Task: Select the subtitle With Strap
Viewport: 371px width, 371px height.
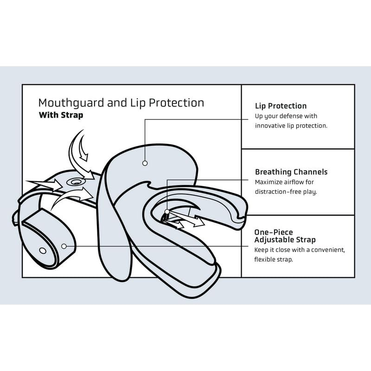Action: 61,115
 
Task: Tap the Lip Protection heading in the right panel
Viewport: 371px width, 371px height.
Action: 281,106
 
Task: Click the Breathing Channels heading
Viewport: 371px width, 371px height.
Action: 291,172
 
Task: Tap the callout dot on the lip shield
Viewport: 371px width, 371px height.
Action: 145,163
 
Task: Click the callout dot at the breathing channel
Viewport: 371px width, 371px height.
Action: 167,211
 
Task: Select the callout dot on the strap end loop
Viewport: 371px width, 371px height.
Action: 64,246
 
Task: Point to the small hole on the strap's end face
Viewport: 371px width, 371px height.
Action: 43,250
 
